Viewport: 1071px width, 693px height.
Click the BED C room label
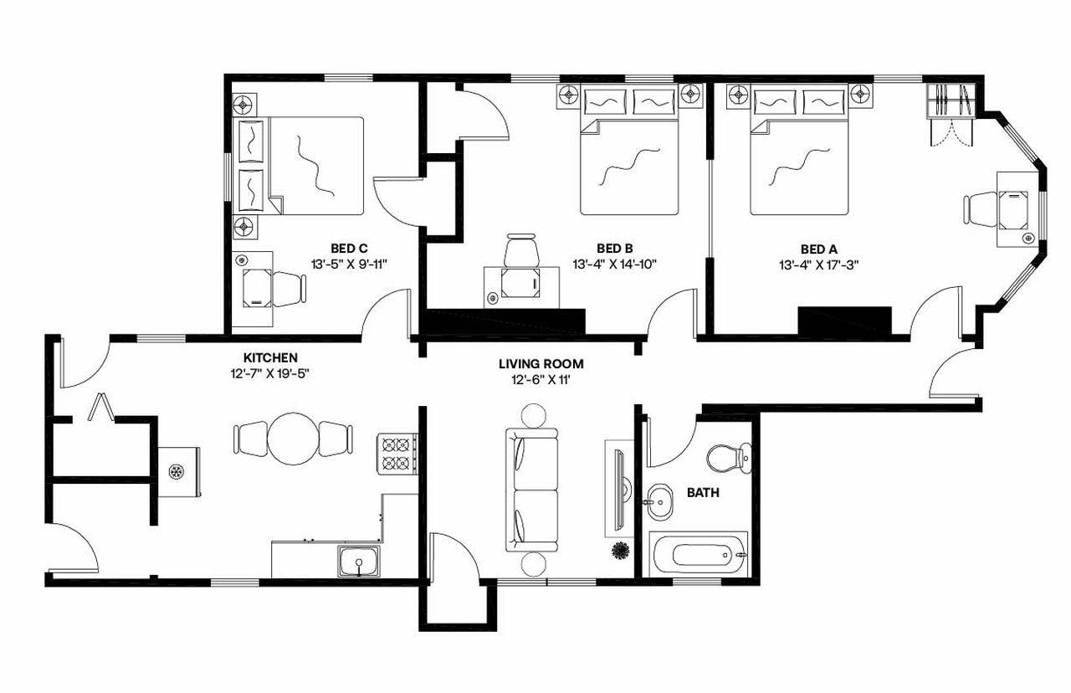[x=350, y=248]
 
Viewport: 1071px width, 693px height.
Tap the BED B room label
[x=614, y=248]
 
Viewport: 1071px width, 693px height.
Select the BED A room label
[x=818, y=248]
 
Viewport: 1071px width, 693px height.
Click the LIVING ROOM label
[x=541, y=364]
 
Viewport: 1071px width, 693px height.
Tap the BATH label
[x=703, y=493]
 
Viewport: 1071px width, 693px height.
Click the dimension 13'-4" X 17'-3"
[x=818, y=264]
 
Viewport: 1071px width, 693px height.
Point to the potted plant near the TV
[x=621, y=551]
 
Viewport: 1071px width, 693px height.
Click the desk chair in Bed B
[x=521, y=250]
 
